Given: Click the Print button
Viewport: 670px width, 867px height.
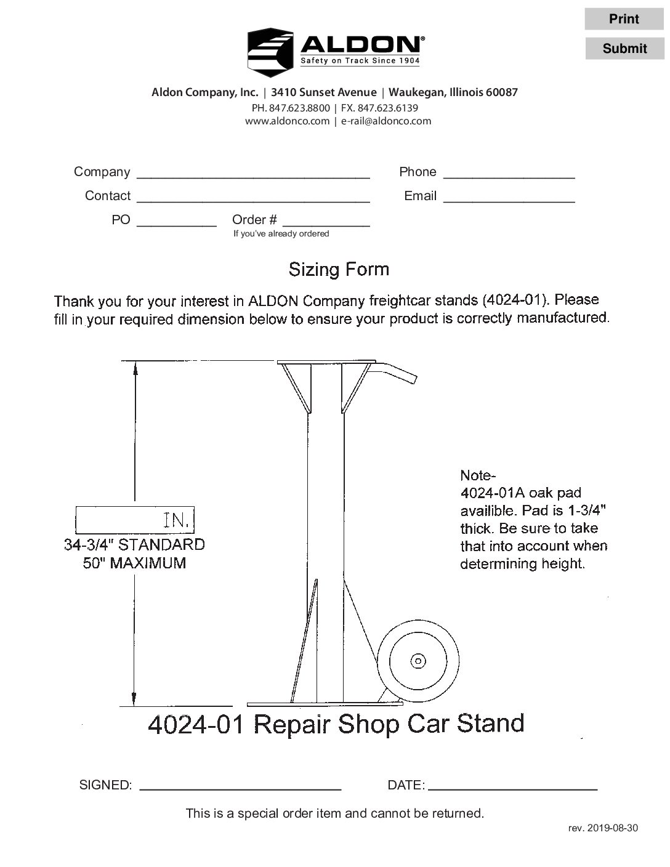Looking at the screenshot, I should click(x=624, y=19).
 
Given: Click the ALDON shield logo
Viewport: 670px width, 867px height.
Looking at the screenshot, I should click(x=270, y=52).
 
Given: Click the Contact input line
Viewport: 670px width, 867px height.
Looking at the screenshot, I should click(x=252, y=196).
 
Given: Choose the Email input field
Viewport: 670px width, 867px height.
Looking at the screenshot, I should click(x=509, y=196).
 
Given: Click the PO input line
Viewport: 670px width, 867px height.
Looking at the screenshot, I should click(x=176, y=220).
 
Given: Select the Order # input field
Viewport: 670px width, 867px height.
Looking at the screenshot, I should click(x=325, y=220).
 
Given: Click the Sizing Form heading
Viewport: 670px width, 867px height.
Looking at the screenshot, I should click(x=339, y=269).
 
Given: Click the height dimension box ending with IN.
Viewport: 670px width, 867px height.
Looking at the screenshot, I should click(x=134, y=520).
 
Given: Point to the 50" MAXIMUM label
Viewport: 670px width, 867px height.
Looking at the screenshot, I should click(x=134, y=563).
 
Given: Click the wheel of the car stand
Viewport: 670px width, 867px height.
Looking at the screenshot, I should click(x=418, y=661).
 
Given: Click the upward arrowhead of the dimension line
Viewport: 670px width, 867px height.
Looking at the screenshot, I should click(x=134, y=366).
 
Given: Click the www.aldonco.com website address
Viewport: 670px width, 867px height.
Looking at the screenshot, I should click(x=287, y=121).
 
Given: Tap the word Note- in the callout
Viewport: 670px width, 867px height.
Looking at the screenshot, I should click(x=477, y=475).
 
